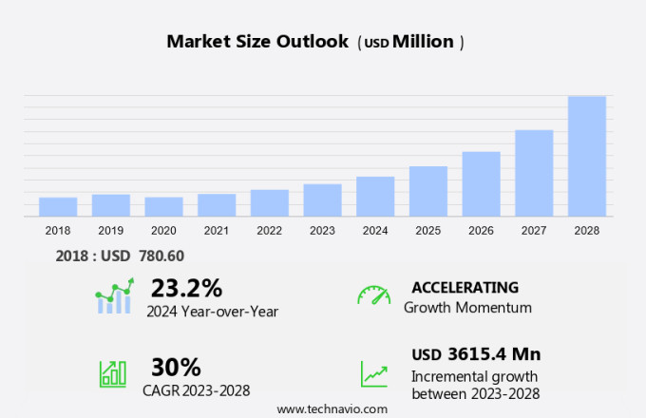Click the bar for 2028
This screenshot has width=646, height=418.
pos(587,156)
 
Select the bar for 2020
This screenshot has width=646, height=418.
pos(163,206)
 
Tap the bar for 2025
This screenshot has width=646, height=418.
pos(428,191)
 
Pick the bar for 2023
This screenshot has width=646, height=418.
pos(322,199)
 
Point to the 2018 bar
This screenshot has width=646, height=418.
pos(58,206)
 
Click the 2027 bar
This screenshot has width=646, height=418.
pos(534,173)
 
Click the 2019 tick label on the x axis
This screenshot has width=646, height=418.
pos(110,231)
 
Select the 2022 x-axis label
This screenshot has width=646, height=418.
pos(269,231)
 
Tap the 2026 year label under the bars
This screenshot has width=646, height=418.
pos(481,231)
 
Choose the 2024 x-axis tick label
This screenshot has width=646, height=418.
pos(375,231)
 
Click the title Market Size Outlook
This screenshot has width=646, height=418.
pos(257,42)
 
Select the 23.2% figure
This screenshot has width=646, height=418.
pos(186,288)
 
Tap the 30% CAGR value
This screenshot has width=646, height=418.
pos(176,367)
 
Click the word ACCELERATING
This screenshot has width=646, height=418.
pos(465,288)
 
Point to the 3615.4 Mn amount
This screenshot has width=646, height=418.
pos(493,354)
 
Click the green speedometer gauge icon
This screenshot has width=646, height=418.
pos(373,294)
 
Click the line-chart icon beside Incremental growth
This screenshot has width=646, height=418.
pos(373,373)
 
